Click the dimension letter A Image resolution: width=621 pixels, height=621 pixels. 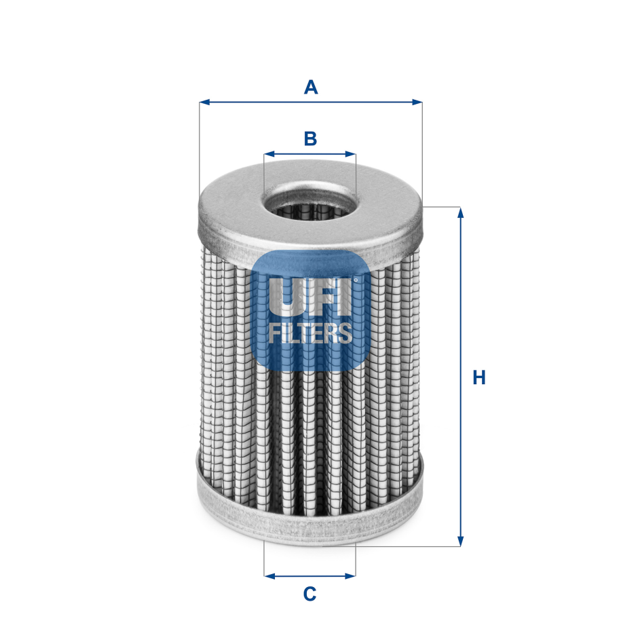click(x=310, y=87)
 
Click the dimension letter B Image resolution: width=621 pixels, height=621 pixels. click(x=310, y=138)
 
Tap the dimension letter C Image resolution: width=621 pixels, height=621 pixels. click(x=309, y=594)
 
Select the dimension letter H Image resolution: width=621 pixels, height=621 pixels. click(x=479, y=377)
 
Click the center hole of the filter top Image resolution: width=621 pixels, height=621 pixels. click(x=309, y=205)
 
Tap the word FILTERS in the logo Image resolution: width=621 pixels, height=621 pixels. click(x=310, y=333)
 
